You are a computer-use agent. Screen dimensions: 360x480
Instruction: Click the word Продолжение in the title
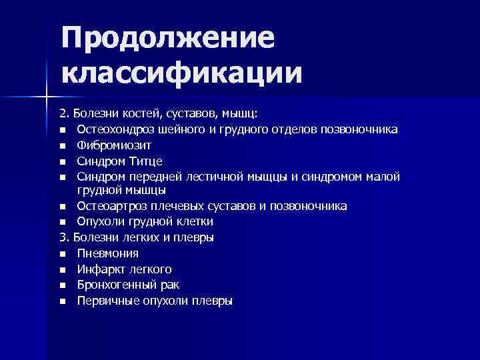[x=167, y=37]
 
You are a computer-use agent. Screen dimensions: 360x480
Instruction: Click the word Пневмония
[x=107, y=253]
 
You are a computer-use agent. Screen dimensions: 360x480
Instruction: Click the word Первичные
[x=105, y=301]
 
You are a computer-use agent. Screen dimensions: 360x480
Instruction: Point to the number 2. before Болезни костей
[x=63, y=113]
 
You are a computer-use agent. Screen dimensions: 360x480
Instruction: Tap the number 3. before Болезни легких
[x=63, y=237]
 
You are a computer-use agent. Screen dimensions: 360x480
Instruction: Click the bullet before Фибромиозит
[x=62, y=145]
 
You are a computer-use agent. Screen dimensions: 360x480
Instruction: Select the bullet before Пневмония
[x=62, y=254]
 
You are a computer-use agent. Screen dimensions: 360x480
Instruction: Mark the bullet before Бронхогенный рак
[x=62, y=285]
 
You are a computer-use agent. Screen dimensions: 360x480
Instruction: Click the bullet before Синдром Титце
[x=62, y=161]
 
